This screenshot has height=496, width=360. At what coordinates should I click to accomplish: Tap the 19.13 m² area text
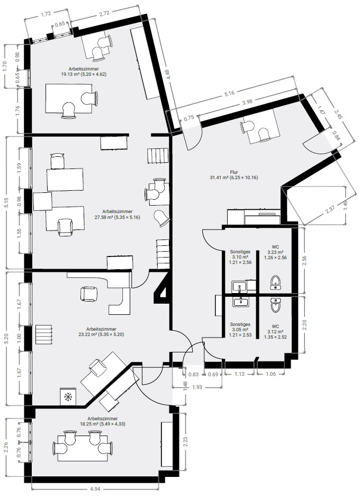pyautogui.click(x=73, y=74)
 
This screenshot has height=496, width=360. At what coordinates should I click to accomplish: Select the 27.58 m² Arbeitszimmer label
pyautogui.click(x=117, y=214)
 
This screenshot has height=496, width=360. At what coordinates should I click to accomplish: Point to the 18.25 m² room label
pyautogui.click(x=103, y=421)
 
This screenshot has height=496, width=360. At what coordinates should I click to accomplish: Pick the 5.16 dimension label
pyautogui.click(x=229, y=93)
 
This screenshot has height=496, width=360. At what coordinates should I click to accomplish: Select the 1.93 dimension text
pyautogui.click(x=197, y=387)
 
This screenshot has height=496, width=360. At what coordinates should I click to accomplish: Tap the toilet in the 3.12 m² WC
pyautogui.click(x=275, y=305)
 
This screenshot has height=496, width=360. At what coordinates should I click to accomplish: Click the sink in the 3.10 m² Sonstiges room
pyautogui.click(x=240, y=287)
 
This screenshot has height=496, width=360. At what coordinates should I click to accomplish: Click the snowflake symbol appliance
pyautogui.click(x=68, y=396)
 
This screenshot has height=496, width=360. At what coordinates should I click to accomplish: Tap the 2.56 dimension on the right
pyautogui.click(x=305, y=260)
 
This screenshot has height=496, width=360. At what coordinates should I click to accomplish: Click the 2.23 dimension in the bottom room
pyautogui.click(x=185, y=441)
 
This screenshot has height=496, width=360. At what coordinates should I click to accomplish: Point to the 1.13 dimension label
pyautogui.click(x=240, y=374)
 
